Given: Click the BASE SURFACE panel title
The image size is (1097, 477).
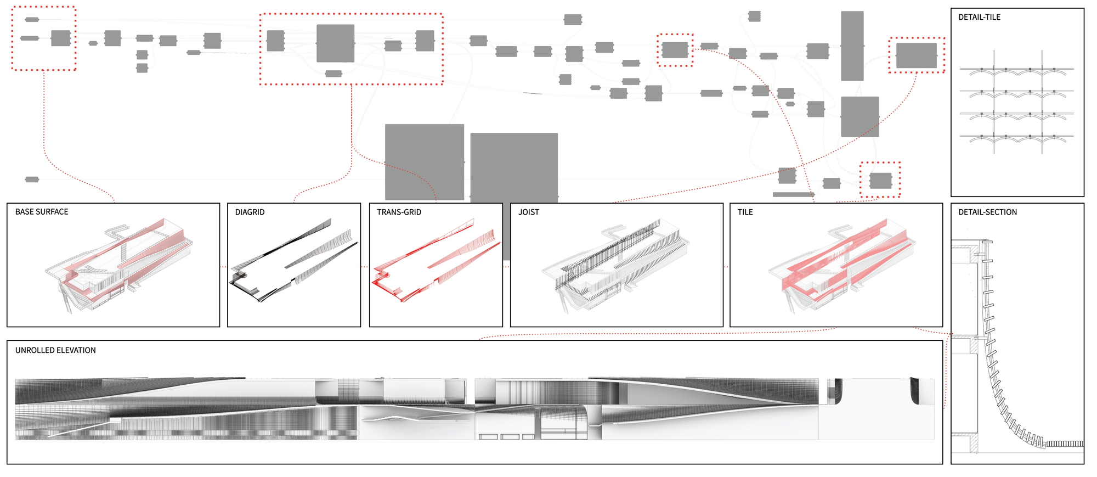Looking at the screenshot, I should tap(42, 212).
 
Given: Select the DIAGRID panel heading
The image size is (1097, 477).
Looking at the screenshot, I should tap(250, 212).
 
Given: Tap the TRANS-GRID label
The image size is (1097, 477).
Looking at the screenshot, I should tap(399, 212).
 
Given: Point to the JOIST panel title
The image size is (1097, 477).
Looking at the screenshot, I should tap(529, 212).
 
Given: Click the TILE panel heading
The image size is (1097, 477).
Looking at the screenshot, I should tap(745, 212).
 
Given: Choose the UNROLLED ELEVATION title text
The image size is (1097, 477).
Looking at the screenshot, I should tap(55, 350).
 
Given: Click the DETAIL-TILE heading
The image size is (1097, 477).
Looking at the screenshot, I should tap(979, 18).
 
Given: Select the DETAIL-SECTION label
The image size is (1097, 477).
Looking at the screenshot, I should tap(987, 212).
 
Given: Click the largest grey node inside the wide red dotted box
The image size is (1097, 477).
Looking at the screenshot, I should tap(335, 43).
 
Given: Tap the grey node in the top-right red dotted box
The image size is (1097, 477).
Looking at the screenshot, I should tap(916, 55).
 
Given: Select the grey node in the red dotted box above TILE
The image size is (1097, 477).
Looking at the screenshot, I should tap(880, 180).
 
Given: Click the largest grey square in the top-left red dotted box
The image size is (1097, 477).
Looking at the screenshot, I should tap(60, 38).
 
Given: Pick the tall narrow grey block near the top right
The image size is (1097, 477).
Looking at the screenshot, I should tap(852, 46).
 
